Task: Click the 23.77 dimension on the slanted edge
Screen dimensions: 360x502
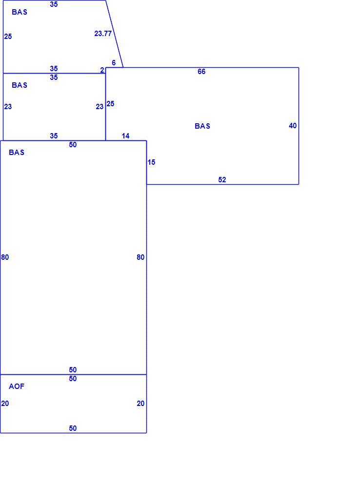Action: (103, 33)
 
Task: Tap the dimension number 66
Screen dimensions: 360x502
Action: (201, 71)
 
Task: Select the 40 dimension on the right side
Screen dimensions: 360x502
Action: (293, 126)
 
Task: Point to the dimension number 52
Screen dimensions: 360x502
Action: (222, 180)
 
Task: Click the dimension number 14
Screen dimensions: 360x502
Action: (125, 136)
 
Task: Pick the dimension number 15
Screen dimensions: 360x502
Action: (151, 162)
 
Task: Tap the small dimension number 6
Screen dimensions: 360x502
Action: (114, 63)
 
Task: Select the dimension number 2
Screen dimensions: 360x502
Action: (102, 70)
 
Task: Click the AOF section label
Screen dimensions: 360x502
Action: (17, 386)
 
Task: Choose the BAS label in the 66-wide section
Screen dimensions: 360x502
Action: (202, 126)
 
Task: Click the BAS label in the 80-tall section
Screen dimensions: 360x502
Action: (17, 153)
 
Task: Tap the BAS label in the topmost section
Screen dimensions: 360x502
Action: (20, 12)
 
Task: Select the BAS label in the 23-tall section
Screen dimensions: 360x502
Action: (20, 85)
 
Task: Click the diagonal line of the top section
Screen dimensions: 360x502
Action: (115, 34)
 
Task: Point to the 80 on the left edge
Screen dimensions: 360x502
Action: (5, 257)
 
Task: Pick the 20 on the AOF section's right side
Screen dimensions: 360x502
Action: (140, 404)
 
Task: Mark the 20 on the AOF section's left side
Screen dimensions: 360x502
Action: (5, 404)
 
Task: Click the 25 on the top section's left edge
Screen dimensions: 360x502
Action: (8, 37)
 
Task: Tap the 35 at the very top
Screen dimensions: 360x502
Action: (54, 4)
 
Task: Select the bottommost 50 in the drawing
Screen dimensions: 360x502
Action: (73, 428)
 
